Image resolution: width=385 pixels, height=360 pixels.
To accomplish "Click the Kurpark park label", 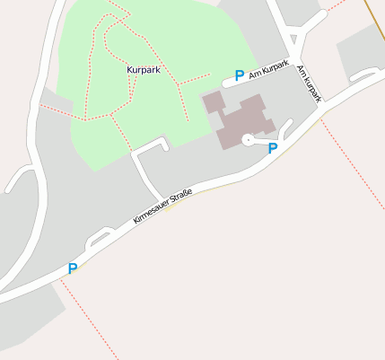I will click(144, 69).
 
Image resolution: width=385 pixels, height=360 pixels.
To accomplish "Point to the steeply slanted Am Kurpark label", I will click(308, 84).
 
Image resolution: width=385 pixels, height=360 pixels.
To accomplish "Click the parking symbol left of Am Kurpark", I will click(239, 76).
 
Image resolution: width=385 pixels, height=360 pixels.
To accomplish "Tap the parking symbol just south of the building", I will click(273, 148).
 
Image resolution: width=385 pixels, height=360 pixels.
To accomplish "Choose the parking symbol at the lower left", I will click(72, 268).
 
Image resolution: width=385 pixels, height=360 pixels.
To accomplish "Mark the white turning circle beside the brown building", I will click(247, 140).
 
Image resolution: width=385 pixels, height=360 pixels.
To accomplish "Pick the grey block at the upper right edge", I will click(362, 50).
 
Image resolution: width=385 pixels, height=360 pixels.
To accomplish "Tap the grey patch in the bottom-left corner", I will click(27, 319).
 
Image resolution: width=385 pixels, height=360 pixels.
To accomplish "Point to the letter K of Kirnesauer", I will click(136, 221).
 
